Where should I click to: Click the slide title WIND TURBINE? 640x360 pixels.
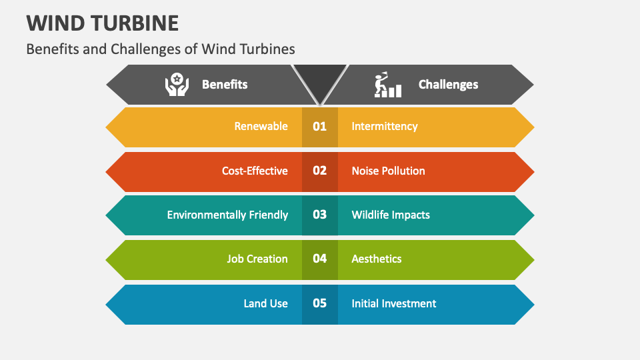tap(103, 23)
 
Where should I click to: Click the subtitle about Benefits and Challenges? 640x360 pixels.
tap(161, 49)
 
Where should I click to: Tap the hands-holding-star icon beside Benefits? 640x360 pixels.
tap(177, 85)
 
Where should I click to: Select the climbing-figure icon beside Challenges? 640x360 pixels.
tap(387, 85)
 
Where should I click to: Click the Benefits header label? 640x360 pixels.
tap(225, 85)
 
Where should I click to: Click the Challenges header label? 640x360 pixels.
tap(448, 85)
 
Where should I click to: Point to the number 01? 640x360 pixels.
tap(320, 127)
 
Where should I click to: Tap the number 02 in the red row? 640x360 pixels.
tap(320, 171)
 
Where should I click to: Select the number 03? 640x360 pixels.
tap(320, 215)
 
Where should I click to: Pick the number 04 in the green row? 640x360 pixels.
tap(320, 259)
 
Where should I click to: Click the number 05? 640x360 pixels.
tap(320, 303)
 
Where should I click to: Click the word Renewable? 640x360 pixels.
tap(261, 127)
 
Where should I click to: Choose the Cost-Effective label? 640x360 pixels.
tap(255, 171)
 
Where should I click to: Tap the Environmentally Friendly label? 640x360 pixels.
tap(227, 215)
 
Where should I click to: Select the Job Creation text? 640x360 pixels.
tap(257, 259)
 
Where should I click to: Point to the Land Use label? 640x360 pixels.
tap(265, 303)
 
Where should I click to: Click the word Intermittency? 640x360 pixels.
tap(385, 127)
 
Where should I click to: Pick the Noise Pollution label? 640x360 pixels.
tap(388, 171)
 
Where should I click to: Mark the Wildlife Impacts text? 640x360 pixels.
tap(391, 215)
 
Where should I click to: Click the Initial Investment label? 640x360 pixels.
tap(394, 303)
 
